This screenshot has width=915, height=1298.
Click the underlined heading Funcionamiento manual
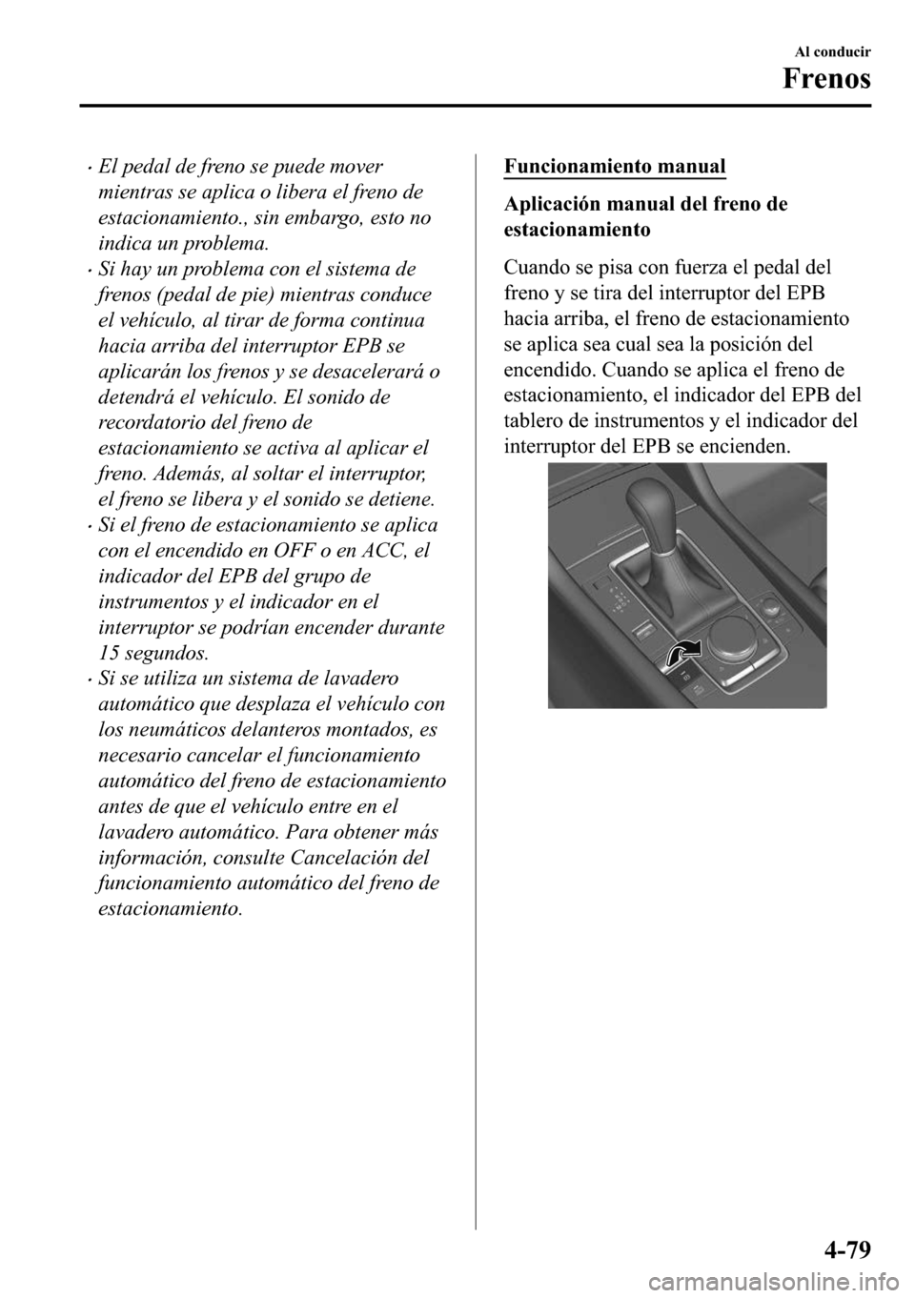click(x=614, y=166)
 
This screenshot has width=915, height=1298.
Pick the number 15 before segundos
click(x=109, y=654)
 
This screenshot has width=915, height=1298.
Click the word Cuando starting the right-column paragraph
click(x=536, y=267)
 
